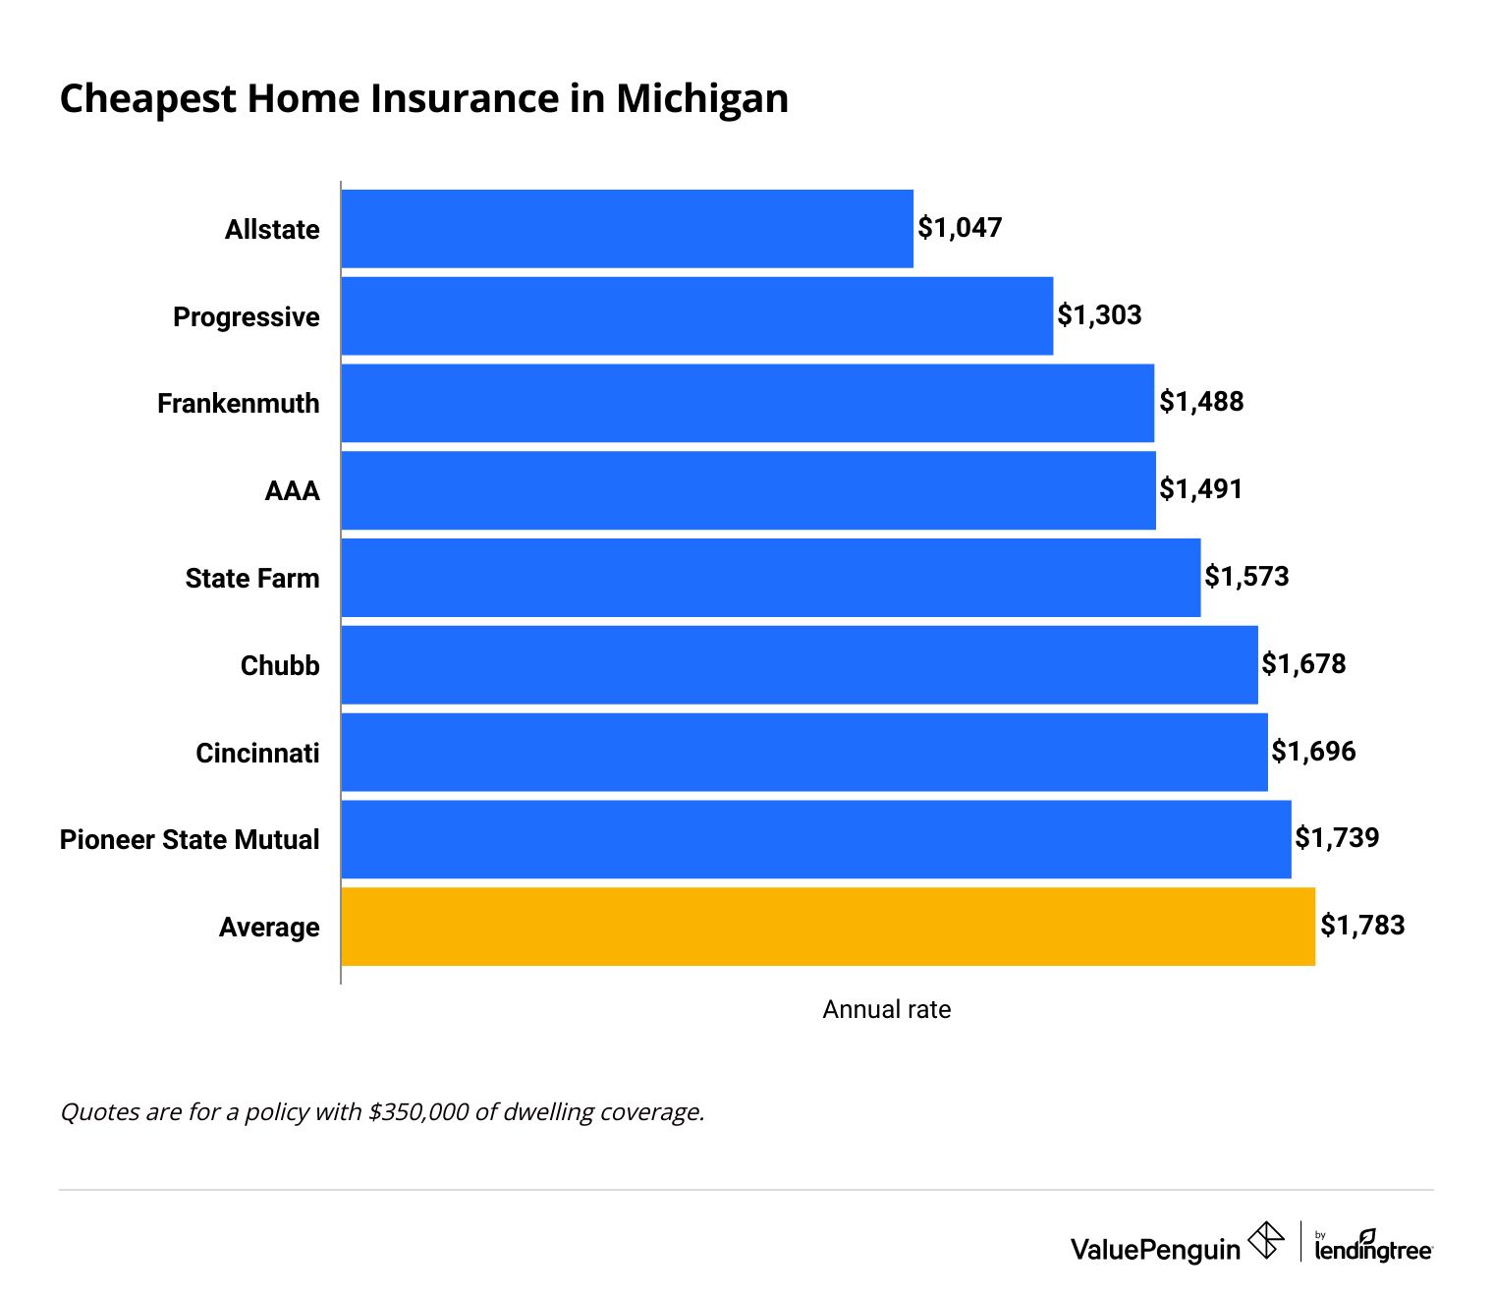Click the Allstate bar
click(x=627, y=229)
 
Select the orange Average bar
click(x=828, y=927)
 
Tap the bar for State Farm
click(x=771, y=578)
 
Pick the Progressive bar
click(x=697, y=316)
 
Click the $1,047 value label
click(x=960, y=228)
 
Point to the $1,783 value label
click(x=1362, y=926)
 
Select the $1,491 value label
click(x=1201, y=489)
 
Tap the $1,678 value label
click(x=1303, y=664)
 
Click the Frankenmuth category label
click(x=239, y=404)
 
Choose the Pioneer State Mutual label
click(x=190, y=840)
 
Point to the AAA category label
click(x=292, y=490)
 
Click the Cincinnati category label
click(x=257, y=754)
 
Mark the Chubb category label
click(x=280, y=666)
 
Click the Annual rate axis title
click(x=886, y=1010)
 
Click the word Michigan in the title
click(x=702, y=99)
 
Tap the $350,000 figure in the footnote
click(x=418, y=1112)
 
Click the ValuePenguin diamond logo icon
click(x=1265, y=1240)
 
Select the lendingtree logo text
click(x=1373, y=1249)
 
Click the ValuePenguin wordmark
click(x=1155, y=1250)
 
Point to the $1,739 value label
click(x=1337, y=838)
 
